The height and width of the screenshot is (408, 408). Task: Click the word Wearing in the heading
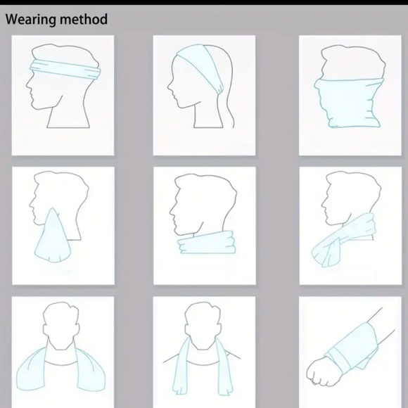point(31,20)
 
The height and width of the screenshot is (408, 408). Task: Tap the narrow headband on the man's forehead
point(65,69)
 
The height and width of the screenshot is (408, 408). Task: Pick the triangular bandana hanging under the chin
point(53,238)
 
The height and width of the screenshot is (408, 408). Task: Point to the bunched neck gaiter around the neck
point(207,242)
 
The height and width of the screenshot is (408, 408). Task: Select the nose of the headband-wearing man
point(27,84)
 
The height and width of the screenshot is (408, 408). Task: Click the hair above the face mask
point(352,61)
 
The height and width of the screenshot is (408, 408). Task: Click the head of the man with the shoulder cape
point(61,325)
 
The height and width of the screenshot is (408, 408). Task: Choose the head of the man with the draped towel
point(203,325)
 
